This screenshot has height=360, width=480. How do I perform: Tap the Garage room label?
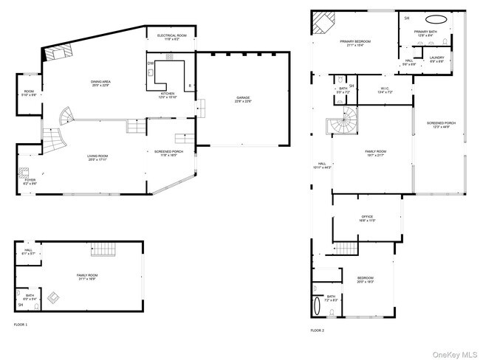[x=244, y=99]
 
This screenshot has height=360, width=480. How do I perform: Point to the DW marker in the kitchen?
[x=151, y=64]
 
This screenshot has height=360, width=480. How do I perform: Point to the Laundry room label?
[x=436, y=58]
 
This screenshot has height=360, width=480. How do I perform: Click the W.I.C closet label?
[x=385, y=92]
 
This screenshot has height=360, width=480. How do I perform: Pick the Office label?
[x=367, y=218]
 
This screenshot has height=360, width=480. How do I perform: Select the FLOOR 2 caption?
[x=317, y=330]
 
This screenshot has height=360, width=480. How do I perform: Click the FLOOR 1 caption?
[x=21, y=325]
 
